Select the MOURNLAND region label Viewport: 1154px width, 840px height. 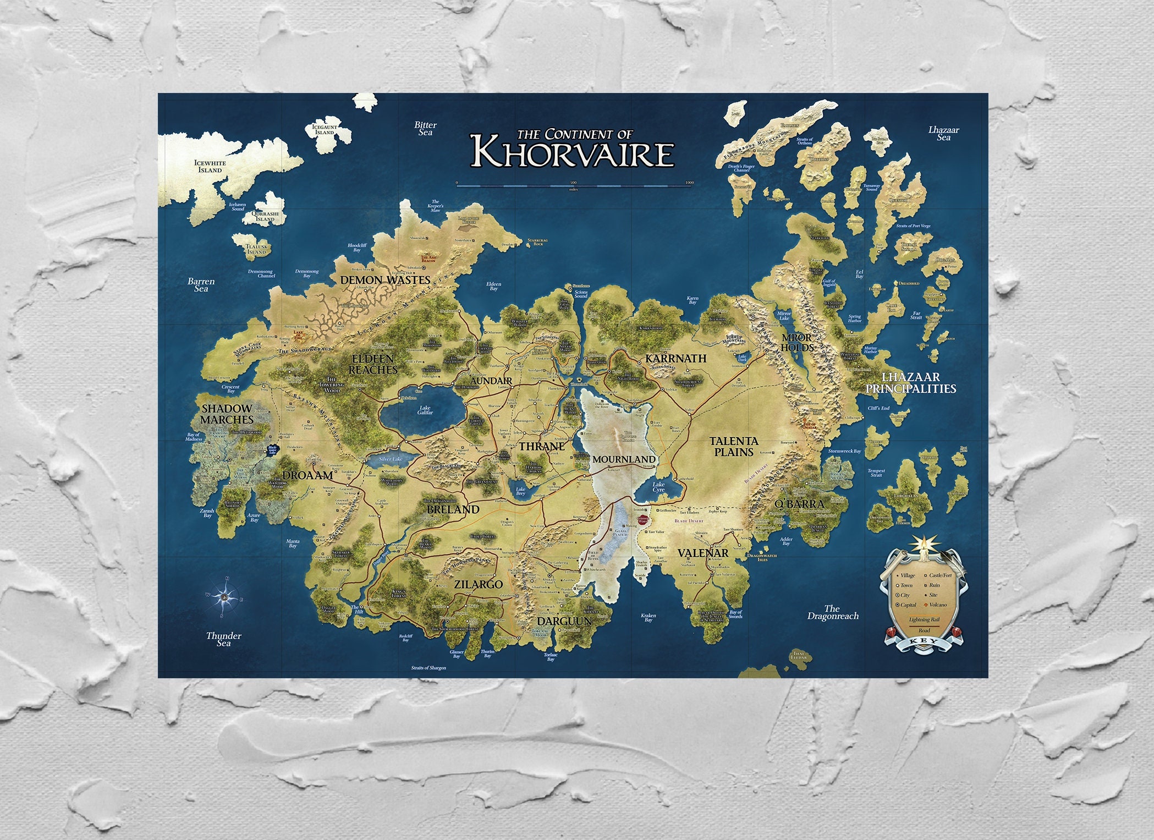tap(624, 459)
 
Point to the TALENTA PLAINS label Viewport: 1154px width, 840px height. tap(733, 446)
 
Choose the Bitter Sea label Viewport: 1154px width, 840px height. tap(425, 129)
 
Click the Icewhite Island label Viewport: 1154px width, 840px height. tap(210, 166)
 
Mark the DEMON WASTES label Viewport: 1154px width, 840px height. tap(385, 279)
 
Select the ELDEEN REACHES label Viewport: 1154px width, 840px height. tap(372, 364)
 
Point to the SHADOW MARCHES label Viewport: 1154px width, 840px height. tap(227, 414)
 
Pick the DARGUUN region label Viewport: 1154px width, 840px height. tap(564, 621)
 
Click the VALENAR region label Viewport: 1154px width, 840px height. tap(702, 553)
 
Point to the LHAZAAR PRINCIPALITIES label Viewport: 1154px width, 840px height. tap(910, 383)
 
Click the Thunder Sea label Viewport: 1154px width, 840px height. tap(223, 639)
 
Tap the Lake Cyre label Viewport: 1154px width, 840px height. tap(658, 487)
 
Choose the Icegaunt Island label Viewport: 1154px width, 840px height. tap(324, 130)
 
